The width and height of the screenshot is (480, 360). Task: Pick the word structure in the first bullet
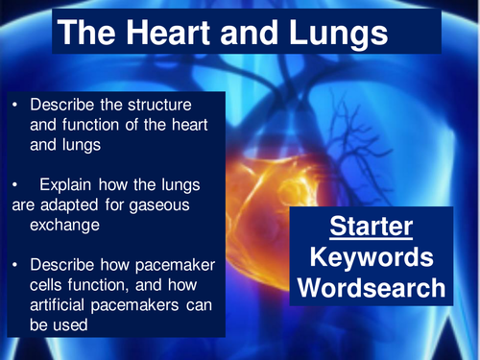coord(167,105)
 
